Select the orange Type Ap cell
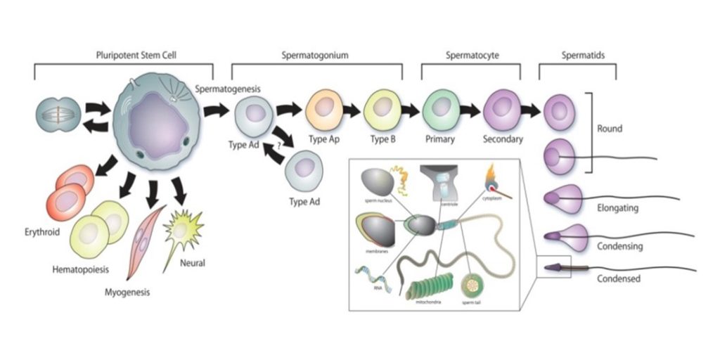[324, 108]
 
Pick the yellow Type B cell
[382, 108]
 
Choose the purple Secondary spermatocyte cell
[502, 109]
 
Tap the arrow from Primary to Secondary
[470, 110]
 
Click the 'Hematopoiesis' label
[80, 269]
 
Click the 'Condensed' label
[618, 278]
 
